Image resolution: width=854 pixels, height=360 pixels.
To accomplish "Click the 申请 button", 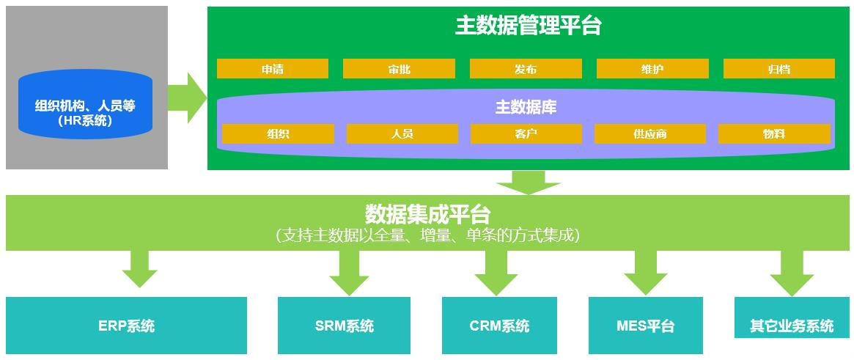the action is click(x=272, y=69).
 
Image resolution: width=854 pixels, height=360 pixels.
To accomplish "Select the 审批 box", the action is click(x=399, y=69).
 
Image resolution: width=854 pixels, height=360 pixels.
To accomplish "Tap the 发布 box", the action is click(x=526, y=69).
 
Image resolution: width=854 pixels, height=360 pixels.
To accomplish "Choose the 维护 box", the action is click(x=652, y=69).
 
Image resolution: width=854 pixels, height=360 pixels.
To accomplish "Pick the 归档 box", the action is click(x=778, y=69).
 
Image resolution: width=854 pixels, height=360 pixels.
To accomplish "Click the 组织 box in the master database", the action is click(x=278, y=134).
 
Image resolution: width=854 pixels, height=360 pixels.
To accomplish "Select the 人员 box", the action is click(x=402, y=134).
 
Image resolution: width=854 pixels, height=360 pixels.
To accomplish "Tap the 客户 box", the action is click(x=526, y=134).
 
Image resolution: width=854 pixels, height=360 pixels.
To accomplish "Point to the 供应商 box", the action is click(x=649, y=134).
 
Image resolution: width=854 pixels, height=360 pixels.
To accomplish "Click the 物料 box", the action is click(x=774, y=134).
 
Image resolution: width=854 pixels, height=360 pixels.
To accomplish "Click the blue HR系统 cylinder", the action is click(x=86, y=104).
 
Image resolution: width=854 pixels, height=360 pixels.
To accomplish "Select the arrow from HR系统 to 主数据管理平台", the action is click(x=187, y=98).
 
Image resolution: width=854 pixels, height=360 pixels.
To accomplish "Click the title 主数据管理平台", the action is click(x=528, y=26).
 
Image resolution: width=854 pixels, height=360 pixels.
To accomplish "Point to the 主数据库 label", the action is click(x=526, y=107).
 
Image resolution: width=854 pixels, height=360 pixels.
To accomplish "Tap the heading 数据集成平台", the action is click(x=427, y=214).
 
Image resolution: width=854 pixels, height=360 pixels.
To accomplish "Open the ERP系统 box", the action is click(x=126, y=326).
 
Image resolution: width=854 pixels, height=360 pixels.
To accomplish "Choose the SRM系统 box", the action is click(x=345, y=326).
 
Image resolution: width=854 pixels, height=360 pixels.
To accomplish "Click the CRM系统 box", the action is click(x=499, y=326).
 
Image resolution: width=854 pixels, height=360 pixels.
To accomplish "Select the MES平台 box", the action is click(x=646, y=326).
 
